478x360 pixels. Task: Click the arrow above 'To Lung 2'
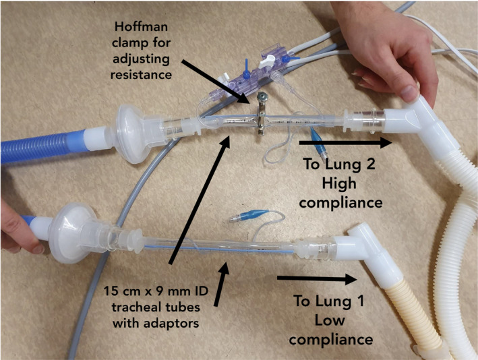pyautogui.click(x=345, y=142)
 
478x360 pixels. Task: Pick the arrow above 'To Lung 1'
pyautogui.click(x=317, y=277)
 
